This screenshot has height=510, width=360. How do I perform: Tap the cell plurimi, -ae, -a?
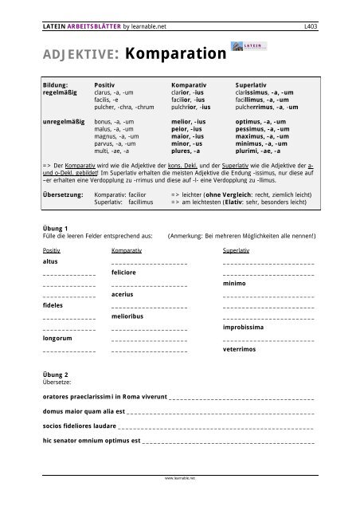pos(260,148)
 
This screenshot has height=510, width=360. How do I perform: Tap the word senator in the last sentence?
pos(69,440)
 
